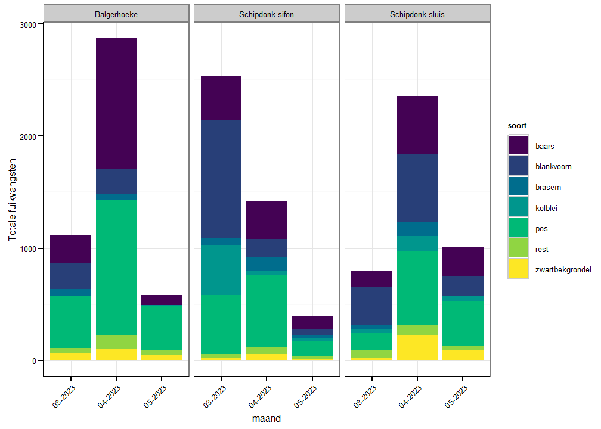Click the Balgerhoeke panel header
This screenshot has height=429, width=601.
pos(116,14)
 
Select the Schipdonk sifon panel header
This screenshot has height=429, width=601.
pos(267,14)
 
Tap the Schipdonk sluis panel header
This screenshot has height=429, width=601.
pos(417,14)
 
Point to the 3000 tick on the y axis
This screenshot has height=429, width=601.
pos(29,24)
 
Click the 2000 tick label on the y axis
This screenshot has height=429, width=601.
pos(29,136)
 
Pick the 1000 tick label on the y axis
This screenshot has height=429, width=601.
pos(29,248)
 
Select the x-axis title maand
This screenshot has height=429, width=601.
pos(267,418)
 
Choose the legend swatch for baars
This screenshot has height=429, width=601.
pos(518,146)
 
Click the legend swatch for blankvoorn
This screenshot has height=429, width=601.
pos(518,166)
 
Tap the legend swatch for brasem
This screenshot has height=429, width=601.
pos(518,187)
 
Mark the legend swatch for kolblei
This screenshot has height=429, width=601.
pos(518,208)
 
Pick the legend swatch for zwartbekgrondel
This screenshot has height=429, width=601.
pos(518,269)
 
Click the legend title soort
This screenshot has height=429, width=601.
pos(517,126)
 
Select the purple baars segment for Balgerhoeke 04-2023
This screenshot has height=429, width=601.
pos(116,103)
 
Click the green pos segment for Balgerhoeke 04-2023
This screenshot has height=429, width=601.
pos(116,267)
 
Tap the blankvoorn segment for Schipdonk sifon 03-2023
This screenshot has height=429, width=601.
pos(221,179)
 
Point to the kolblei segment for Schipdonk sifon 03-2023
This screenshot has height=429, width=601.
pos(221,269)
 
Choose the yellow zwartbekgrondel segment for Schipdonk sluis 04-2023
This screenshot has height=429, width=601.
pos(417,348)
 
